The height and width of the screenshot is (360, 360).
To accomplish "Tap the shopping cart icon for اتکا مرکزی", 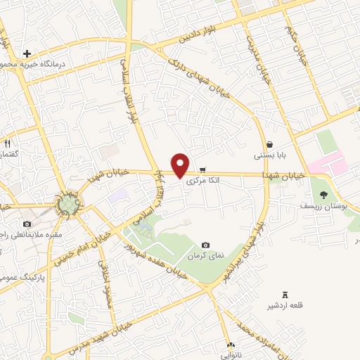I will (202, 169).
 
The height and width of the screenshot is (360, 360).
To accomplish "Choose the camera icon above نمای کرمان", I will (205, 245).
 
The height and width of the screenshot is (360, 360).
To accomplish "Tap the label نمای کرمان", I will (205, 256).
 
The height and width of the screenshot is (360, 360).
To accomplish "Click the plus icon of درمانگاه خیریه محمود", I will (27, 53).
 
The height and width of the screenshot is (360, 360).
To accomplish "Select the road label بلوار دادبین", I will (198, 32).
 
